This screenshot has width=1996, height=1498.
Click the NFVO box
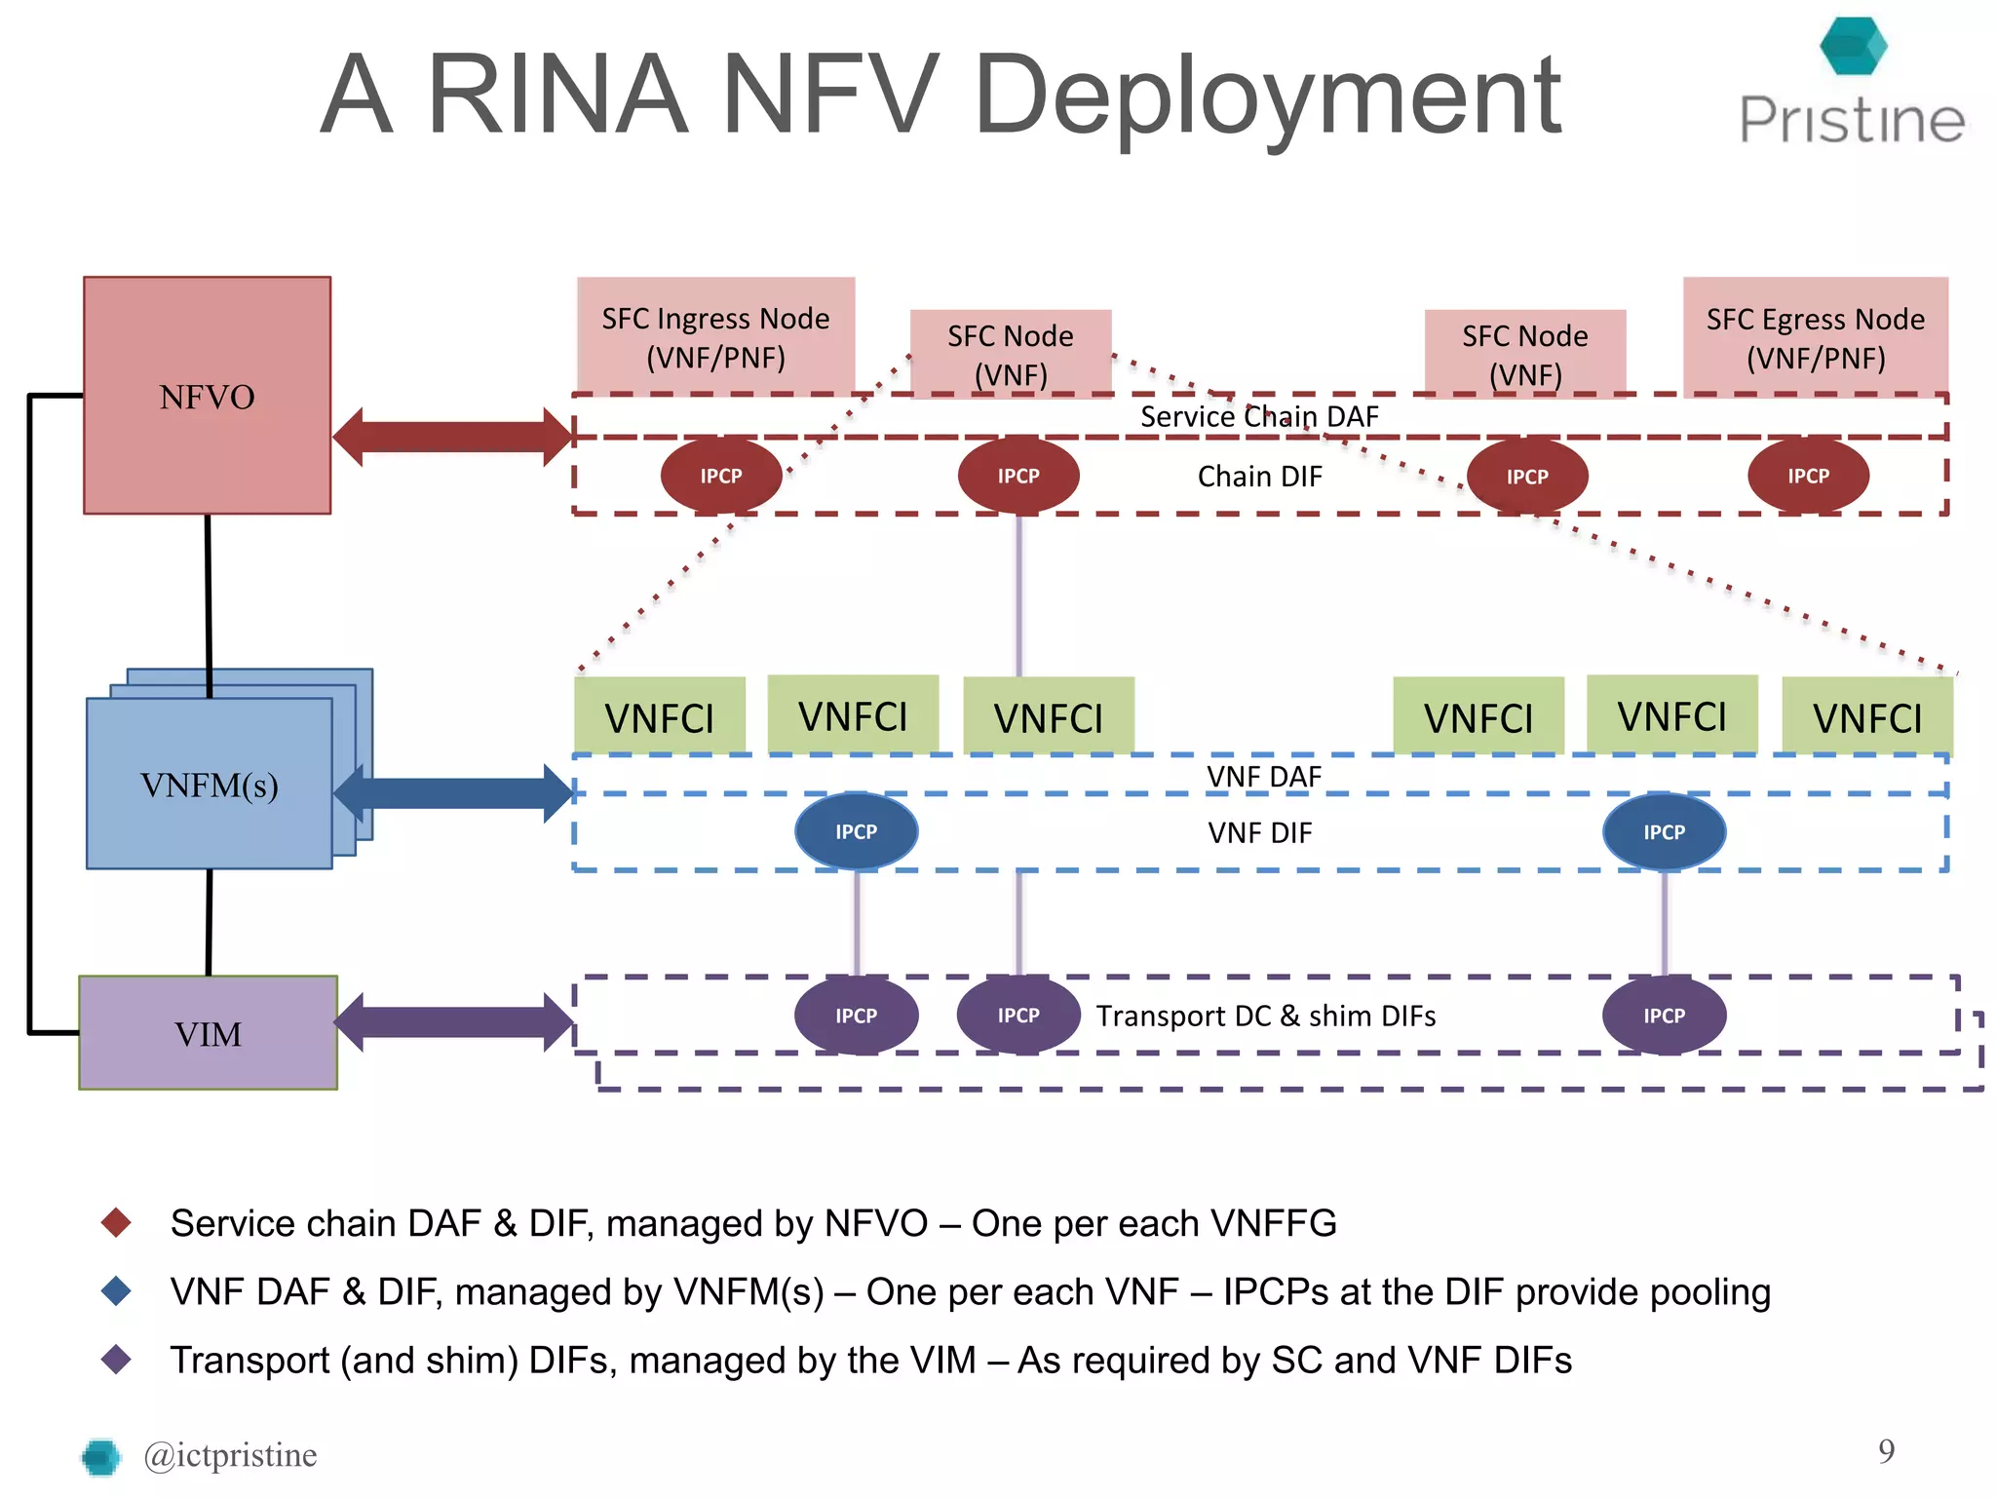[207, 396]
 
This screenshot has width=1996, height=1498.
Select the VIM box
[208, 1033]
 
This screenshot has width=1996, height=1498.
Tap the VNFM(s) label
[209, 785]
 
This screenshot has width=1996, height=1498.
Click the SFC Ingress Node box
[715, 336]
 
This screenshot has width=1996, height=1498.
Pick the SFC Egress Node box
[1815, 336]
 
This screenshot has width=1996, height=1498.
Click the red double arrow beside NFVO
[452, 437]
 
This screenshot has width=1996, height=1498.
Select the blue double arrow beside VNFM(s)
[452, 793]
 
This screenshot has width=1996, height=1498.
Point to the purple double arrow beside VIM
[452, 1022]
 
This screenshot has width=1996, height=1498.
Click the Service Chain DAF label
[1259, 417]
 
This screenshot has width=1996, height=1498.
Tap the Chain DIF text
[1259, 477]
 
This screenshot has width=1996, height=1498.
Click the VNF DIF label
[1259, 833]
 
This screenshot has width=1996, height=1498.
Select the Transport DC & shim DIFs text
[1265, 1017]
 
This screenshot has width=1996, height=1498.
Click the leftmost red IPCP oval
[721, 477]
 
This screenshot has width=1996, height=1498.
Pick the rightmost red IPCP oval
[1808, 477]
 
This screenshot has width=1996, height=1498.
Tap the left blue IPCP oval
[856, 832]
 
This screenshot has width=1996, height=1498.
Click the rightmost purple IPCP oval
[1664, 1017]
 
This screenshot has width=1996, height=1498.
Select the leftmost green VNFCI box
[660, 716]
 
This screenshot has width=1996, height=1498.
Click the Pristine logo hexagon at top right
[1853, 46]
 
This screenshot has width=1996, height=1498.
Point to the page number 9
[1886, 1451]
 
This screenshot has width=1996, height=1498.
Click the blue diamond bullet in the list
[117, 1291]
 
